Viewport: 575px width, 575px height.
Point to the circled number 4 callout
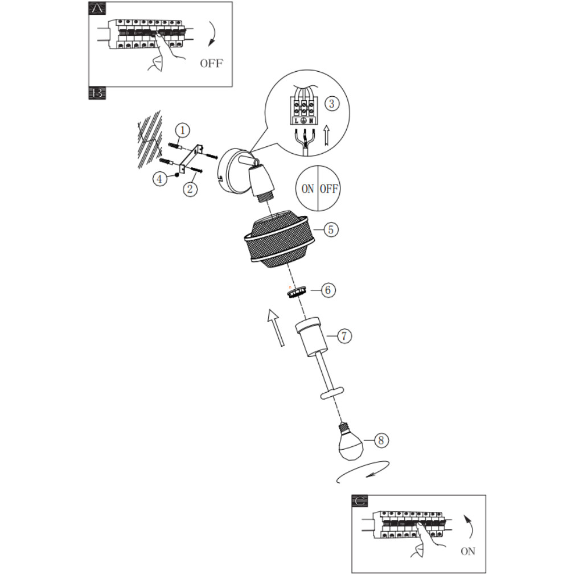(x=160, y=179)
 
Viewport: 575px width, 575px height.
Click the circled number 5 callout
(x=331, y=229)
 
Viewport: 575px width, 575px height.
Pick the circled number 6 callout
(x=327, y=290)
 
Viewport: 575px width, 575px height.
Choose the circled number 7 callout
(x=343, y=336)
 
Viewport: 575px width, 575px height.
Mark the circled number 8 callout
(x=382, y=440)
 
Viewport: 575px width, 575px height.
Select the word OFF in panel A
(x=211, y=63)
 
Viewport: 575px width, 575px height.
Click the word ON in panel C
(x=468, y=551)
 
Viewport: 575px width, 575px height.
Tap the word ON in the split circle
(x=307, y=189)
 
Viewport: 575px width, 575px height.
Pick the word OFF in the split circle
(x=328, y=189)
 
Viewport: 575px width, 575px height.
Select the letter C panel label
(x=360, y=500)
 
